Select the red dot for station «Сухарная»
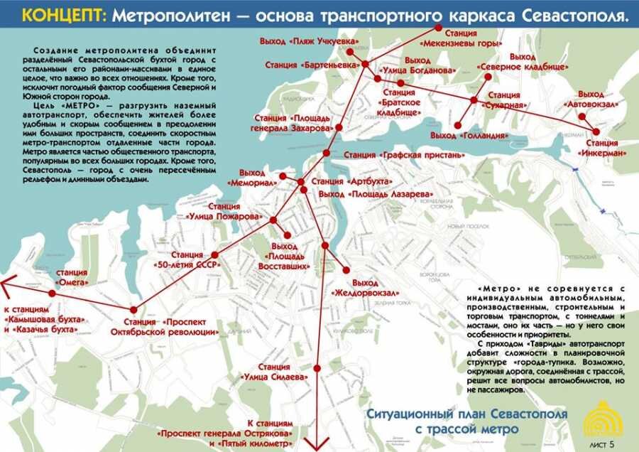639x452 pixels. pos(474,99)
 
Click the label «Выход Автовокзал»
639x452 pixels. pos(591,99)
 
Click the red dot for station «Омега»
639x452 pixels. pos(52,293)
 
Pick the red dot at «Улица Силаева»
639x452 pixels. pos(317,368)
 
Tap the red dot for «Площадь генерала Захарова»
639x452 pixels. pos(339,128)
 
